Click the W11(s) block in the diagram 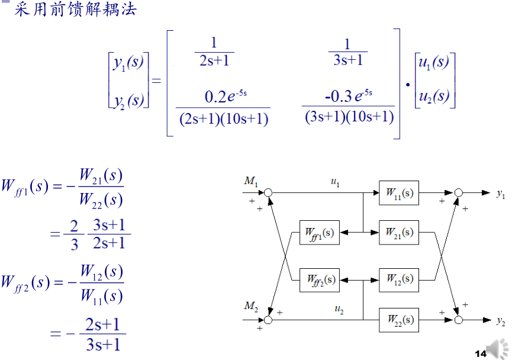tap(398, 193)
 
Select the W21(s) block tap(398, 233)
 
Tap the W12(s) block tap(398, 279)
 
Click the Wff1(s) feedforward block tap(320, 233)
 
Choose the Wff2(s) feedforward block tap(320, 279)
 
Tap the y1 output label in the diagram tap(501, 194)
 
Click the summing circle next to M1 tap(268, 193)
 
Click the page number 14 tap(479, 353)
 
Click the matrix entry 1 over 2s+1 tap(214, 52)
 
